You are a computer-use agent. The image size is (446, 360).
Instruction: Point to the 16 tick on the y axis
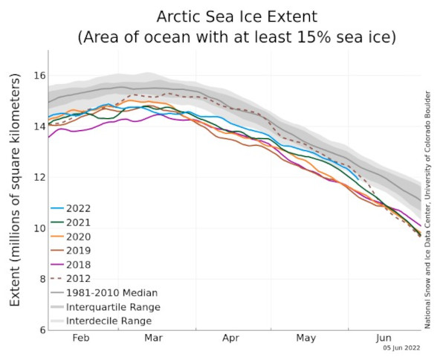39,76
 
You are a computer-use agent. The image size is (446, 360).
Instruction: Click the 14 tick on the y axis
39,126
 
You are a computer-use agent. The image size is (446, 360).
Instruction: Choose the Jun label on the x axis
384,337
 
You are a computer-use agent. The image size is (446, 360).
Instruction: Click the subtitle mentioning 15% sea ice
236,36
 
